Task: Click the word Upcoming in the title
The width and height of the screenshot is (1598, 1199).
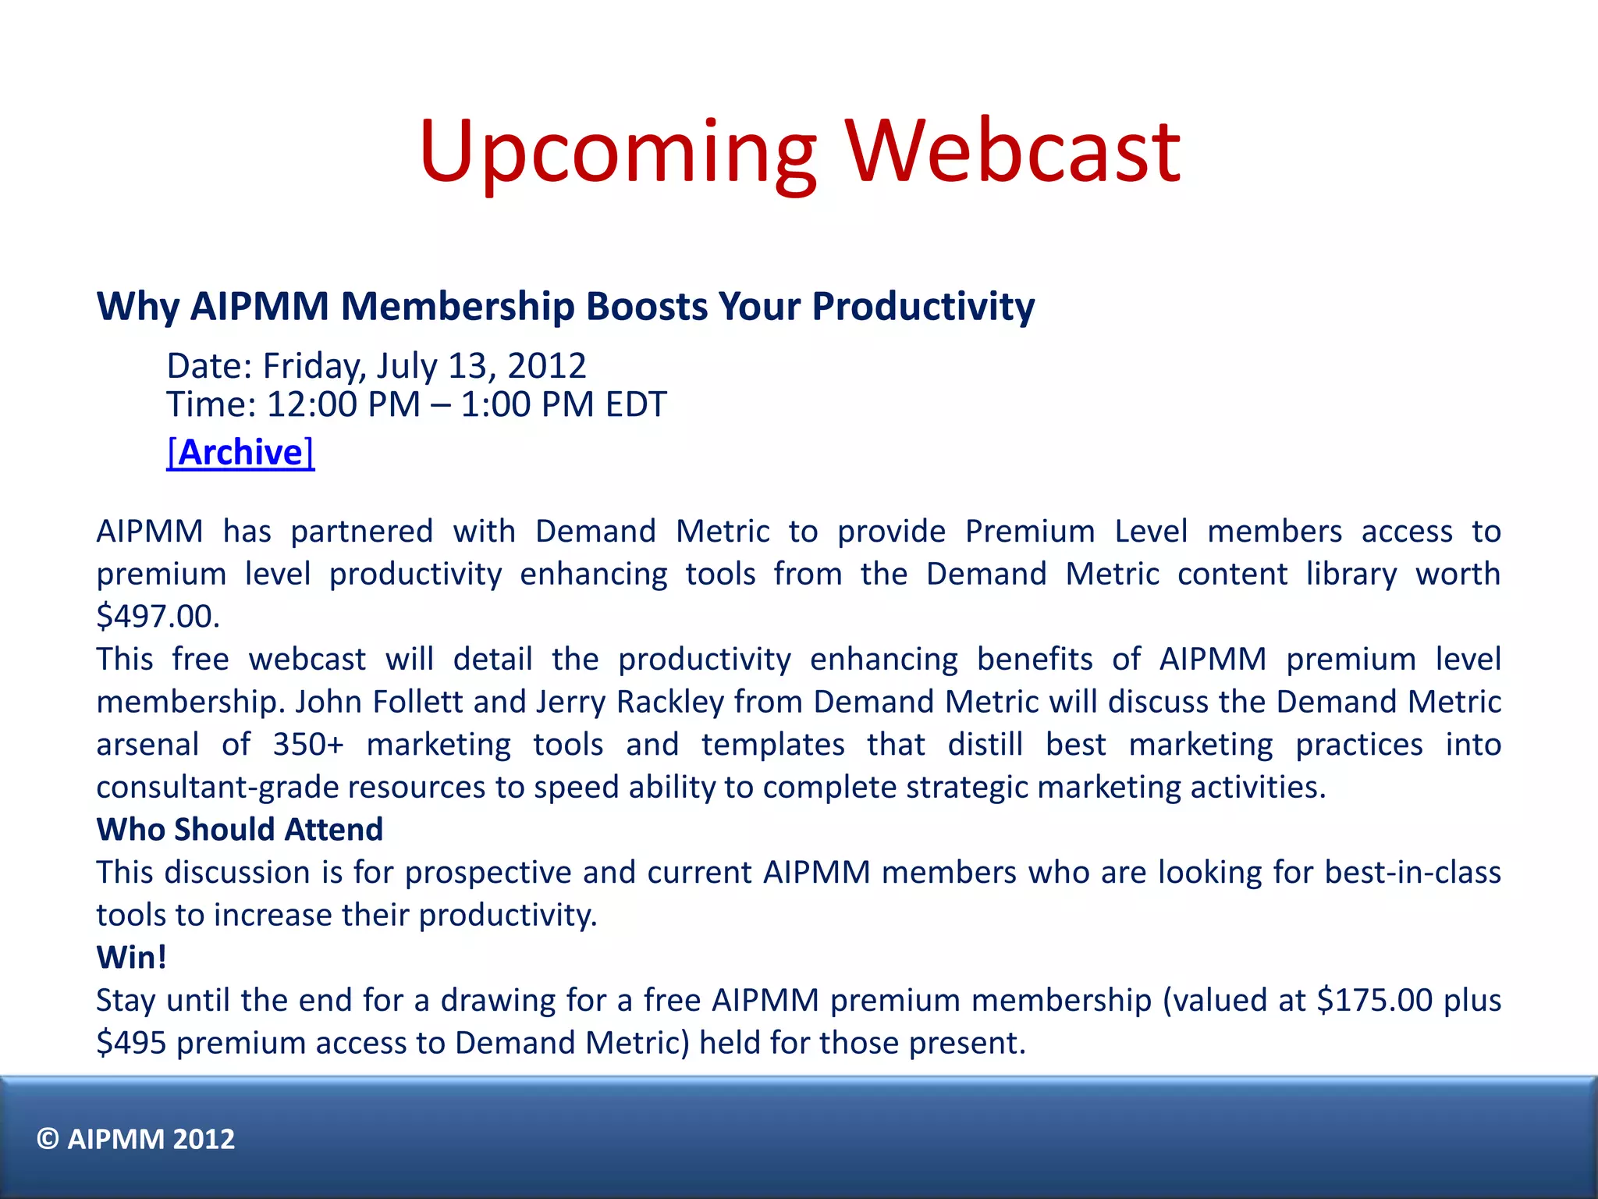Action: tap(616, 152)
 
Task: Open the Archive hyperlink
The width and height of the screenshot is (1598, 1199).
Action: tap(240, 453)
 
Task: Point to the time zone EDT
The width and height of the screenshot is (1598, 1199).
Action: tap(636, 404)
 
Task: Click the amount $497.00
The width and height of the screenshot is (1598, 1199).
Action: tap(158, 617)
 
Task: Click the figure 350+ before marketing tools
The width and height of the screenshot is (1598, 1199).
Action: tap(308, 745)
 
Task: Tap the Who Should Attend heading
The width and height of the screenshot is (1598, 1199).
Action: tap(240, 830)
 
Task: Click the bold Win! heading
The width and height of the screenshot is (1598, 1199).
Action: tap(131, 958)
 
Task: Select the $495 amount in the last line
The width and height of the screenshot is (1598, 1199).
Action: tap(131, 1043)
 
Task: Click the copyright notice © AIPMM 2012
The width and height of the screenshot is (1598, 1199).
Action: tap(136, 1139)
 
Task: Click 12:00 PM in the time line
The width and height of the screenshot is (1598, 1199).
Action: tap(343, 404)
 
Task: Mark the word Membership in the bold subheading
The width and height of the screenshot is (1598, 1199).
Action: tap(457, 306)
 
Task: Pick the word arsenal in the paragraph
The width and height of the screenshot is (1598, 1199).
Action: tap(147, 745)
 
